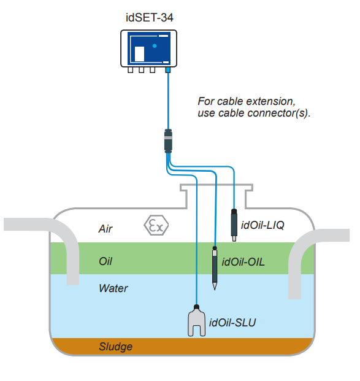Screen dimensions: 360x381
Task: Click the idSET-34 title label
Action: tap(150, 18)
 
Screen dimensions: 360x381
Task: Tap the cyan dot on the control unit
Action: tap(155, 45)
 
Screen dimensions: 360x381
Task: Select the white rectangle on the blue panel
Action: tap(139, 54)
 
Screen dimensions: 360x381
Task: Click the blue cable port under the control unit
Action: tap(168, 70)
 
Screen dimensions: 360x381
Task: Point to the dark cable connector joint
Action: tap(168, 141)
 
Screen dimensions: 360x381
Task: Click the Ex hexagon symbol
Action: tap(156, 225)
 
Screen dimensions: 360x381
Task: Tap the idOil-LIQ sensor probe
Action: tap(234, 225)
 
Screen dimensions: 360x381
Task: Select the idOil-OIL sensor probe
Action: tap(215, 268)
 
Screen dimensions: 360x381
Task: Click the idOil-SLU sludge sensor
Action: tap(196, 320)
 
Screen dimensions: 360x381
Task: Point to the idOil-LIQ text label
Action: tap(262, 225)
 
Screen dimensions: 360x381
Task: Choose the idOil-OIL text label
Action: tap(243, 262)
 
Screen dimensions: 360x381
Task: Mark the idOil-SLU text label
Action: tap(232, 323)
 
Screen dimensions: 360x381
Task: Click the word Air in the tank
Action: tap(105, 229)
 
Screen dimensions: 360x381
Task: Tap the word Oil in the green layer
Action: tap(105, 261)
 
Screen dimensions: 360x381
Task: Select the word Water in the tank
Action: tap(113, 288)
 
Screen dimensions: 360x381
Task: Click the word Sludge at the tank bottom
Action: tap(116, 347)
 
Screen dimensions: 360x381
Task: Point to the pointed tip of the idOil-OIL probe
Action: tap(215, 290)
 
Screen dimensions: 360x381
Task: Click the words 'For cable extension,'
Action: tap(247, 101)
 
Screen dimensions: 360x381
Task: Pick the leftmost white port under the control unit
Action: tap(131, 70)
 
